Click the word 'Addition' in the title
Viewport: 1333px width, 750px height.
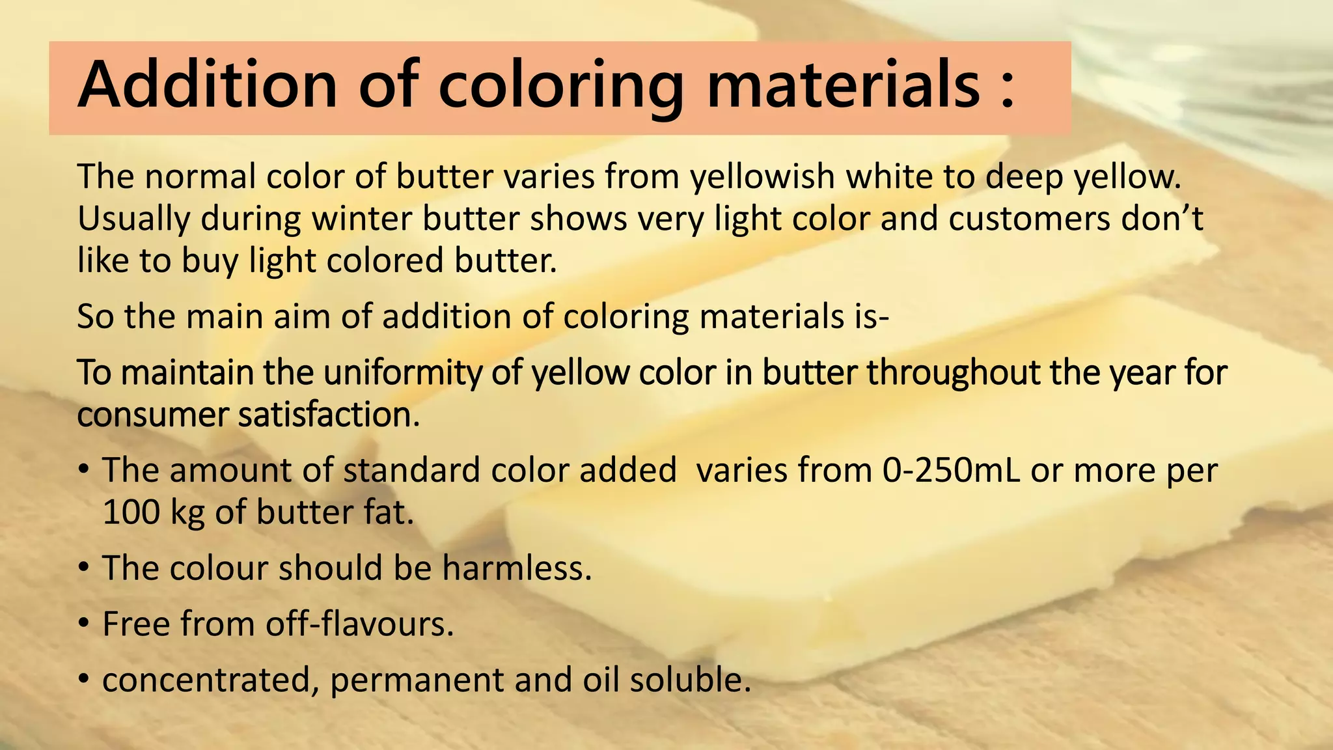point(208,85)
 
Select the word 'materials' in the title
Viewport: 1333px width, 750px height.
point(844,85)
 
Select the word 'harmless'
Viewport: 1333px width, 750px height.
point(516,568)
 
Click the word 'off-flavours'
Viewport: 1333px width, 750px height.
point(358,624)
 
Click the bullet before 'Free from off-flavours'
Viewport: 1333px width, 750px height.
point(83,624)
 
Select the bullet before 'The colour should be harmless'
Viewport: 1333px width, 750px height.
point(83,568)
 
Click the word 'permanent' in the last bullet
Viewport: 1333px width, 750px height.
point(417,680)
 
